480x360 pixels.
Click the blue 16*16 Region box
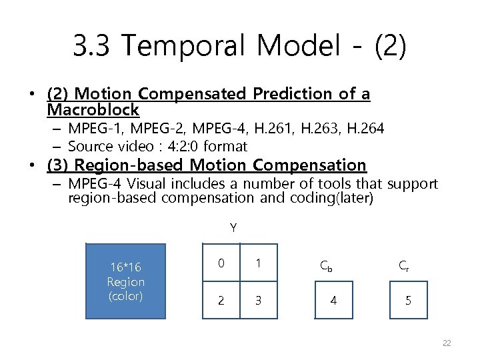pyautogui.click(x=125, y=281)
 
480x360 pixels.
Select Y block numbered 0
pyautogui.click(x=221, y=264)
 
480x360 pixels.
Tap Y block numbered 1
pyautogui.click(x=257, y=264)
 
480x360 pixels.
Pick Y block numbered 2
pyautogui.click(x=221, y=300)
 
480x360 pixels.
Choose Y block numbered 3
pyautogui.click(x=257, y=300)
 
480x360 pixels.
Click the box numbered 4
pyautogui.click(x=333, y=301)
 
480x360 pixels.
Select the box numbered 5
pyautogui.click(x=408, y=301)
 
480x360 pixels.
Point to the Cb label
pyautogui.click(x=326, y=265)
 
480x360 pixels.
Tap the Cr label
pyautogui.click(x=403, y=265)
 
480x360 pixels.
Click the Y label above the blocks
pyautogui.click(x=233, y=228)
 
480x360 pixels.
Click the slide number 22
pyautogui.click(x=447, y=343)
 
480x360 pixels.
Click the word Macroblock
pyautogui.click(x=93, y=109)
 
